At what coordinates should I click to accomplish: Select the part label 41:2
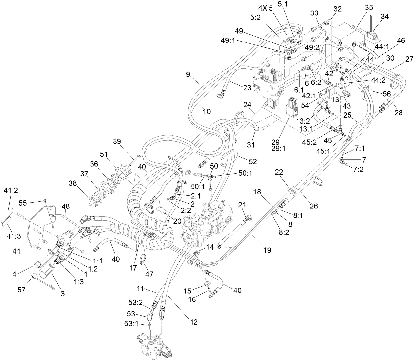(x=9, y=190)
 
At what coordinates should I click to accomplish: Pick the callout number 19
(x=267, y=250)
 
